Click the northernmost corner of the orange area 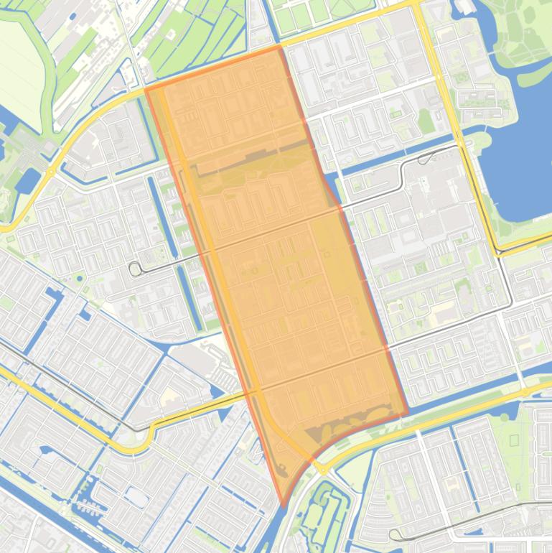tap(279, 47)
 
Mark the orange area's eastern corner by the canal tap(407, 414)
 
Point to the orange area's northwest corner tap(146, 90)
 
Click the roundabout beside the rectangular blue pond tap(50, 172)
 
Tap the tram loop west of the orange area tap(135, 269)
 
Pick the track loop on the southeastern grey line tap(394, 534)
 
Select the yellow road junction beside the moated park tap(324, 470)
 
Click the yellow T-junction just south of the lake tap(497, 251)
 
